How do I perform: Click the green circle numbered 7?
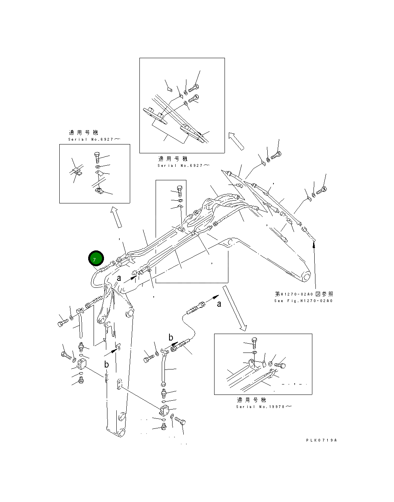pos(96,259)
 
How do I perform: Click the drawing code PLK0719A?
pos(321,440)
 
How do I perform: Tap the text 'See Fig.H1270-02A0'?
pos(303,301)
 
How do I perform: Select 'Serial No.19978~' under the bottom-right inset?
pos(264,406)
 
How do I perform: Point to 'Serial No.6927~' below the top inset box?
pos(183,165)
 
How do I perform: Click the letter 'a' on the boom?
pos(119,278)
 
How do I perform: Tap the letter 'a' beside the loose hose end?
pos(219,304)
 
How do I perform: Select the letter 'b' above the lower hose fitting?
pos(171,337)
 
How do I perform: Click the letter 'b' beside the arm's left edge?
pos(106,364)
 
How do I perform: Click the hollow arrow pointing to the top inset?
pos(236,141)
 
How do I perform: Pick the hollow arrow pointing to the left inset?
pos(116,217)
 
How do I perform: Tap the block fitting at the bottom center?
pos(163,411)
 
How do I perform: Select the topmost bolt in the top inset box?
pos(193,88)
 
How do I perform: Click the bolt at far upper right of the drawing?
pos(322,190)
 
